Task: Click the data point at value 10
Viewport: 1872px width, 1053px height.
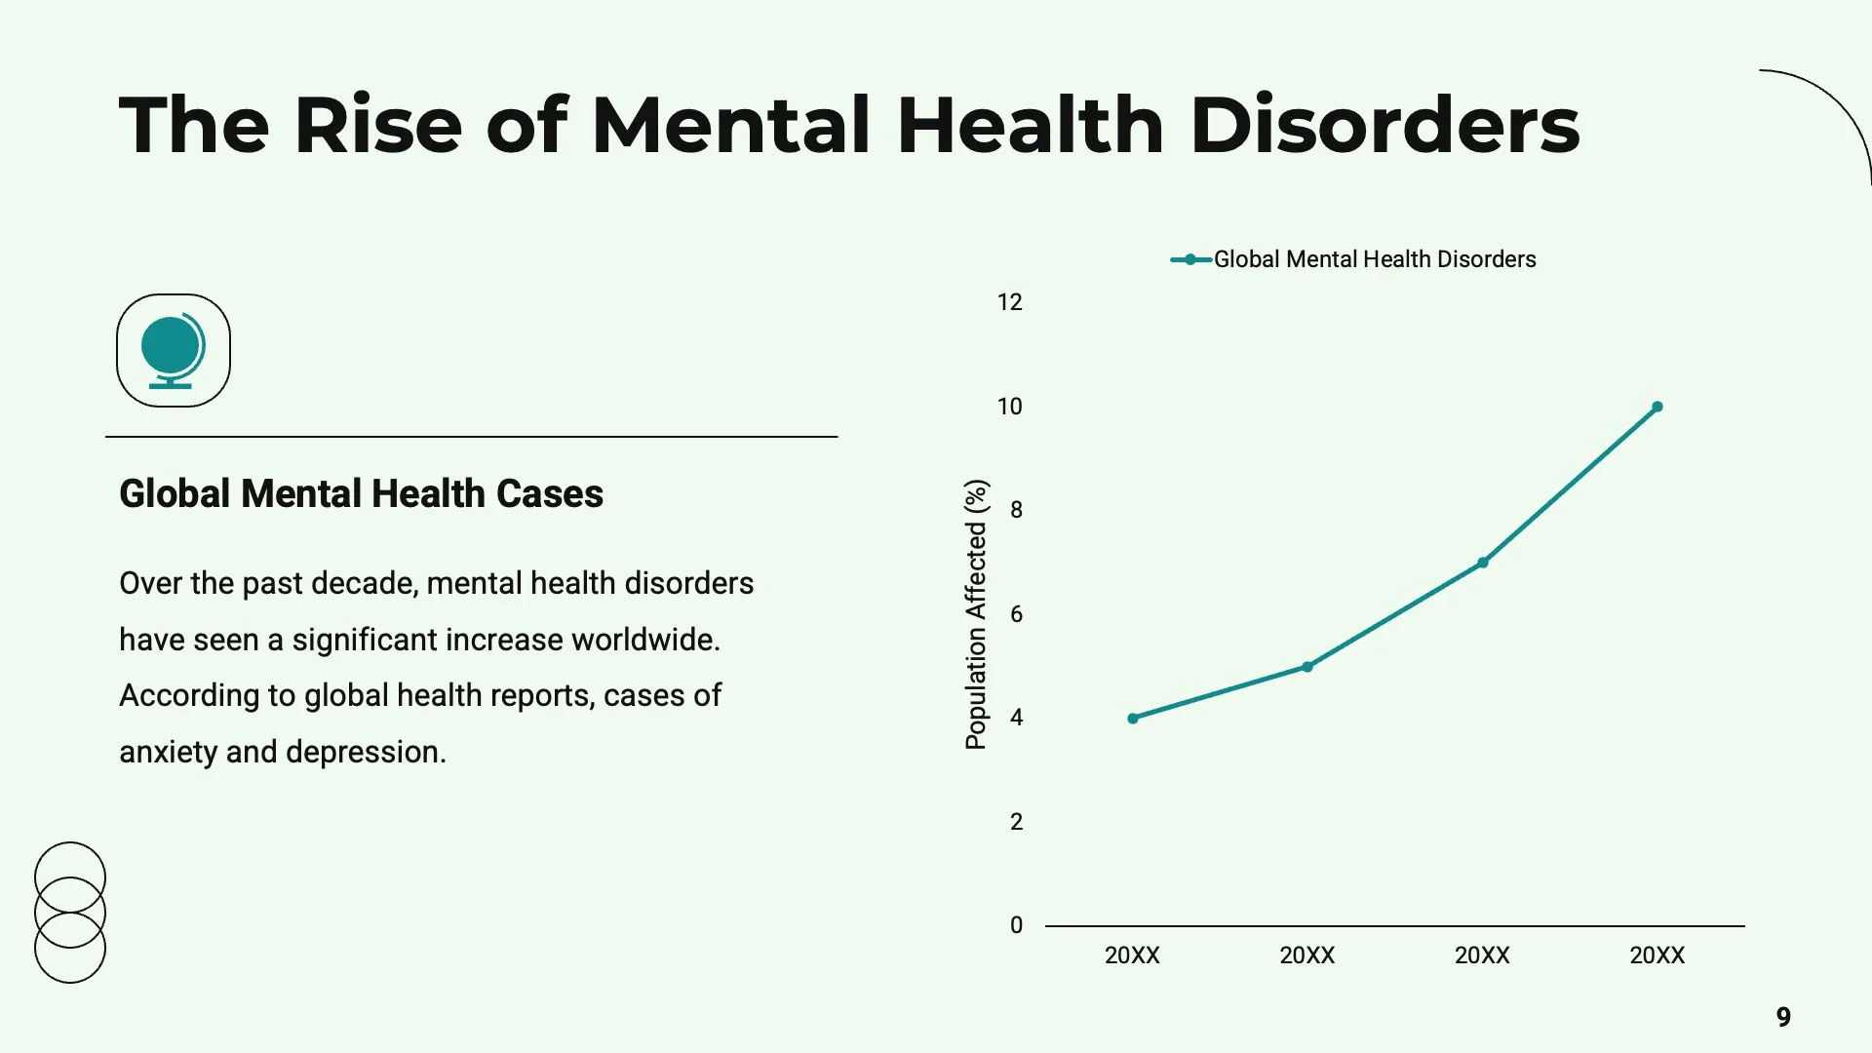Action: pyautogui.click(x=1657, y=407)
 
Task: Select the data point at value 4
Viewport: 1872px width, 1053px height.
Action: pyautogui.click(x=1132, y=719)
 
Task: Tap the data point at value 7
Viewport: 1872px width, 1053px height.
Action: pyautogui.click(x=1482, y=563)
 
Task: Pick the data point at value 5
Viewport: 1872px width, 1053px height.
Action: pyautogui.click(x=1307, y=667)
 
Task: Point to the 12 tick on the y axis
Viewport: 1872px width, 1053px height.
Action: pyautogui.click(x=1009, y=302)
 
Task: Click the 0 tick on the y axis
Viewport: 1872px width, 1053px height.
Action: pyautogui.click(x=1016, y=925)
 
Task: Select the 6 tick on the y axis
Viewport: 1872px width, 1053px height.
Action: pyautogui.click(x=1016, y=614)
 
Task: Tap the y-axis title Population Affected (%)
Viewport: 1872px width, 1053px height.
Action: pyautogui.click(x=976, y=614)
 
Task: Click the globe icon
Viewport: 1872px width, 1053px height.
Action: pyautogui.click(x=173, y=350)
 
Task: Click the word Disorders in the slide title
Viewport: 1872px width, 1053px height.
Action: pyautogui.click(x=1384, y=126)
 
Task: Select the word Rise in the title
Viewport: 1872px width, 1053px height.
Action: pyautogui.click(x=377, y=126)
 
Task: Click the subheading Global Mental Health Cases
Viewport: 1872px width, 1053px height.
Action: pyautogui.click(x=361, y=493)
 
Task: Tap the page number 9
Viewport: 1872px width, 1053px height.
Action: pyautogui.click(x=1783, y=1017)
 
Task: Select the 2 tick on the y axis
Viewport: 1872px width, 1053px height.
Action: pyautogui.click(x=1016, y=822)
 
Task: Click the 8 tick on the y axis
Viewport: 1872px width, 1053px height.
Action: pyautogui.click(x=1016, y=510)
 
